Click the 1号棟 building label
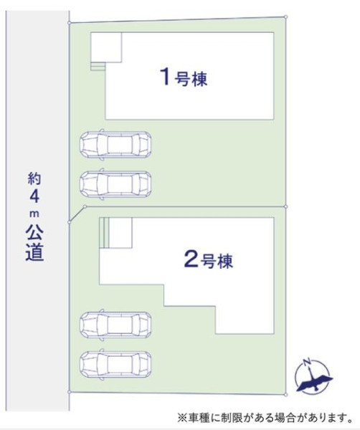(184, 77)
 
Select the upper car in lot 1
(115, 144)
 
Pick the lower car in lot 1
(115, 183)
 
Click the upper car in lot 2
(115, 325)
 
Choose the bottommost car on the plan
(115, 364)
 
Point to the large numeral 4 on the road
(34, 196)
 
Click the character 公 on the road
(34, 233)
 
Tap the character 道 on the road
(34, 252)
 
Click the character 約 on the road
(34, 178)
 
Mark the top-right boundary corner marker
(285, 16)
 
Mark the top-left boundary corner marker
(69, 23)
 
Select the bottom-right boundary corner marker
(285, 395)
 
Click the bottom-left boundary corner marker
(69, 392)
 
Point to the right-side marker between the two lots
(285, 206)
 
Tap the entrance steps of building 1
(98, 66)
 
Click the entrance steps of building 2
(104, 233)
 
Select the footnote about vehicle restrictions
(265, 418)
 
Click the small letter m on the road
(34, 214)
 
